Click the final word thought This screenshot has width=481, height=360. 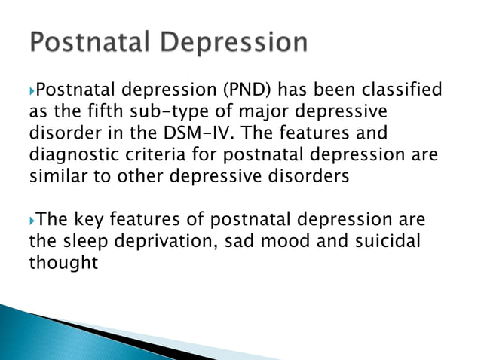coord(64,265)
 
